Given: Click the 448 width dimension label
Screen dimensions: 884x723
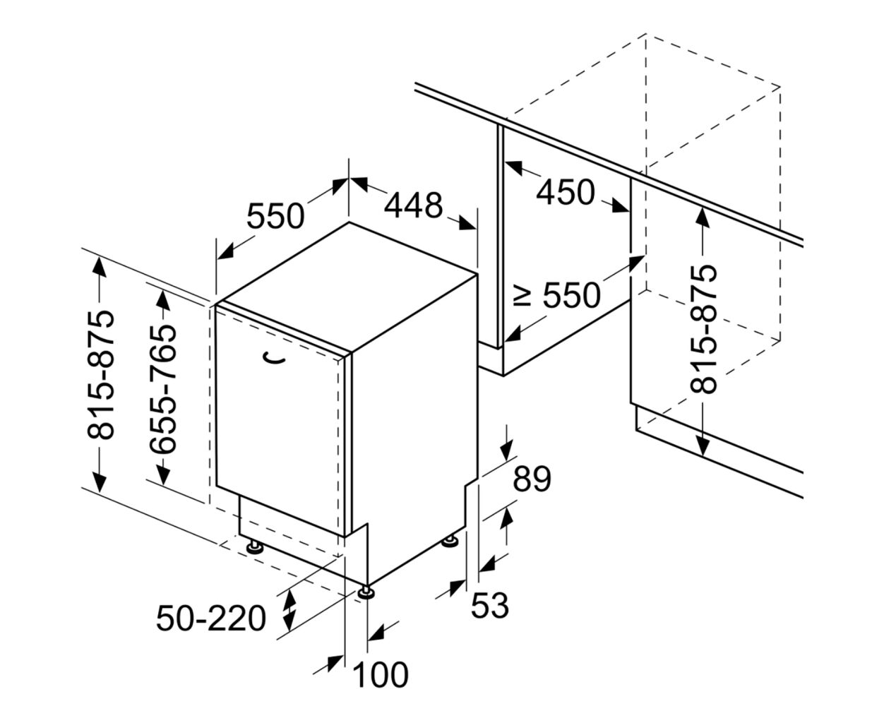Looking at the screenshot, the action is click(413, 205).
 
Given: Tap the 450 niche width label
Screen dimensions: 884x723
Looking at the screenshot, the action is click(566, 192).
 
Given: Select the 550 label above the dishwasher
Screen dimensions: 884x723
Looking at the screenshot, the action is click(275, 216).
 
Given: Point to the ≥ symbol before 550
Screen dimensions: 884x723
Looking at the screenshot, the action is click(522, 297).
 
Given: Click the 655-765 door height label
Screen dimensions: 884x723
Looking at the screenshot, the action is click(163, 389).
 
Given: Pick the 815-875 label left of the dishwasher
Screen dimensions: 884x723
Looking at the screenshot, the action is click(100, 374).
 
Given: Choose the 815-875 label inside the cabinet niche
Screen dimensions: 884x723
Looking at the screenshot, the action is click(703, 329).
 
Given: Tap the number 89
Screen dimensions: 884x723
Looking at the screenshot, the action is click(532, 479).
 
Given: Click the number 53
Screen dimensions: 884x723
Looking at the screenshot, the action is click(489, 605).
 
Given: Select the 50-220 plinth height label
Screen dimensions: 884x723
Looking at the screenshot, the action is click(211, 619).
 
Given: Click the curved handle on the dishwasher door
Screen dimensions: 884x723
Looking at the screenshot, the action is click(273, 358).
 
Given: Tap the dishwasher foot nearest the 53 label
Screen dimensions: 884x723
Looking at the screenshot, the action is click(450, 540).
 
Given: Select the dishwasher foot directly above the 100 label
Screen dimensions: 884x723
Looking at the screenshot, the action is click(366, 592).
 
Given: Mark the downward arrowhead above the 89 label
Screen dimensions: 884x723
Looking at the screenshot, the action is click(506, 451).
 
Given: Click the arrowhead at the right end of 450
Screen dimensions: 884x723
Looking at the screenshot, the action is click(619, 205).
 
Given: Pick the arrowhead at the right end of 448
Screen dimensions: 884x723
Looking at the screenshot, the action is click(467, 222).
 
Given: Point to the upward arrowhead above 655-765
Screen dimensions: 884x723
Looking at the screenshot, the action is click(163, 301).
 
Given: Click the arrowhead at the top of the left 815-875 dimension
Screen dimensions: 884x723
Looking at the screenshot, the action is click(100, 268).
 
